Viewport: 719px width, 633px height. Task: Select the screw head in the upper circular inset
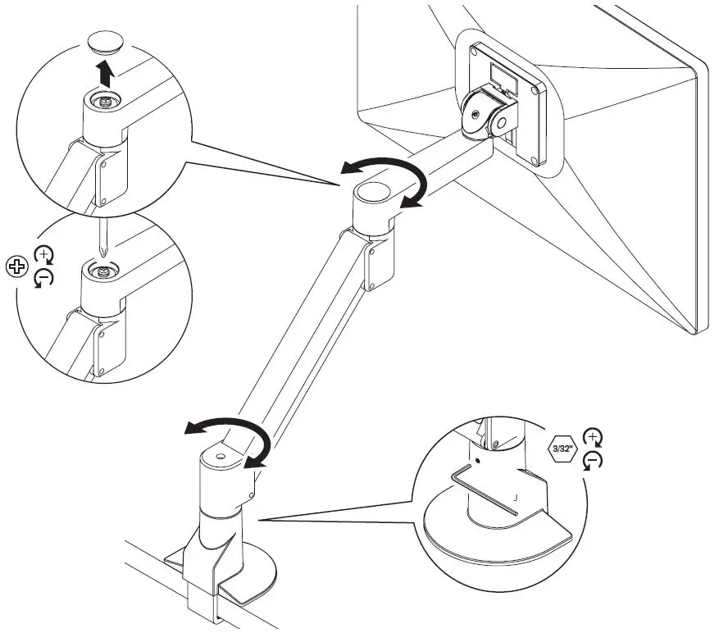point(105,101)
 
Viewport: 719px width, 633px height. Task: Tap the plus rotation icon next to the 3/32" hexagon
point(590,436)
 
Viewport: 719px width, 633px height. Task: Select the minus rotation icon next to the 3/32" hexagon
point(590,462)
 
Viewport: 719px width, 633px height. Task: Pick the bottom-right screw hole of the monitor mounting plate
point(535,160)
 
